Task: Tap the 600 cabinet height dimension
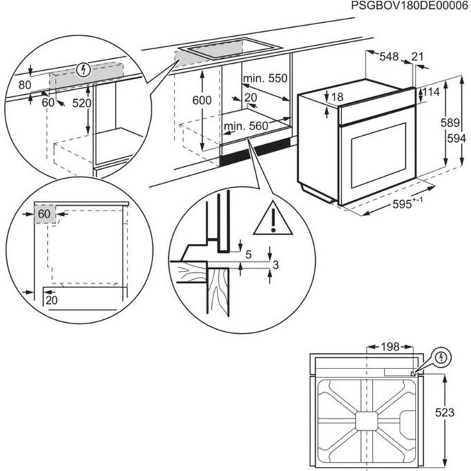pos(201,101)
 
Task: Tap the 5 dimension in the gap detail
pos(247,254)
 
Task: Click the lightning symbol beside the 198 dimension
pos(441,358)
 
